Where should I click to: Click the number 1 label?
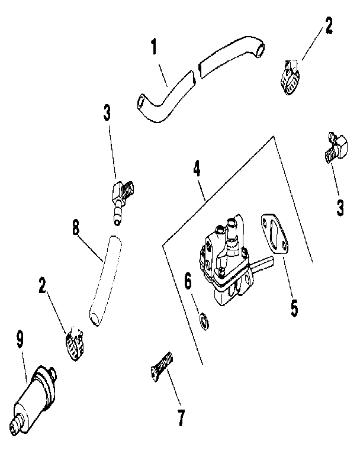pos(155,47)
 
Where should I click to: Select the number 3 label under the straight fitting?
pos(340,208)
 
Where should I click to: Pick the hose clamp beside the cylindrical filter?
pos(75,343)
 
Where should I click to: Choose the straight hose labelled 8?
pos(104,279)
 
